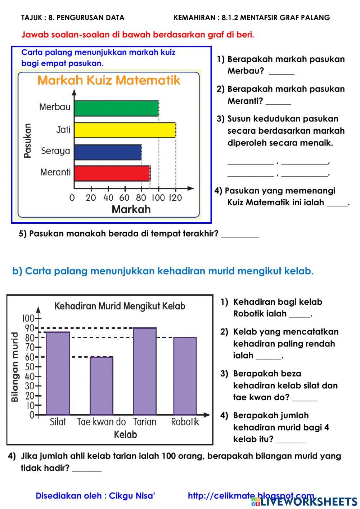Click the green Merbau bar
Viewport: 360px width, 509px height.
[116, 108]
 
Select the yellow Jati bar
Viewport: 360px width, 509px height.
[125, 130]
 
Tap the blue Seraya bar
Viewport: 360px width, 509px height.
[108, 152]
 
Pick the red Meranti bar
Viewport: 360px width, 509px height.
[112, 173]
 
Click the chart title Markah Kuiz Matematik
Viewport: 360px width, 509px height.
[109, 80]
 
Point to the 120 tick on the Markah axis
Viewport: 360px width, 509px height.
[175, 197]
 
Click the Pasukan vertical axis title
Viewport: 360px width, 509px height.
[27, 140]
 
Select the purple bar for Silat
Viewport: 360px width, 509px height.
[58, 373]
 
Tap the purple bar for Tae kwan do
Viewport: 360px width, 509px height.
[101, 385]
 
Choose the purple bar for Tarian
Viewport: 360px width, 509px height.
[145, 371]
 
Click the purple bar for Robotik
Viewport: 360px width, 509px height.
[185, 376]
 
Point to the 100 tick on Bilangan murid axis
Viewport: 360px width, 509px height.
[28, 318]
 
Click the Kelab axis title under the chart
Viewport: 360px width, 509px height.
[125, 434]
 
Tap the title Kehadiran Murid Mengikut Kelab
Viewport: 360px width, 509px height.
[120, 306]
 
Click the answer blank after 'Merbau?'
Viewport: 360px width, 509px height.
[282, 71]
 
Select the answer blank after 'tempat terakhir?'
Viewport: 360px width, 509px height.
[240, 234]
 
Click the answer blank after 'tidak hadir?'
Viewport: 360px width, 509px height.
[87, 468]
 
